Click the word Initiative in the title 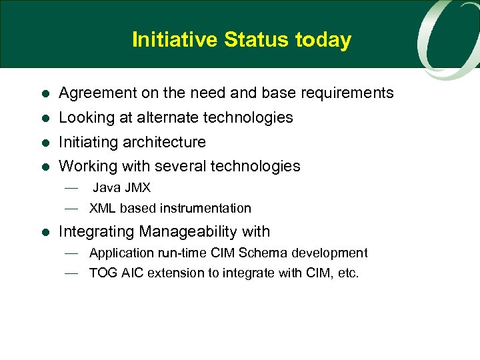175,40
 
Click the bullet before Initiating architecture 44,143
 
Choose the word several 181,166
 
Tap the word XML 103,209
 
